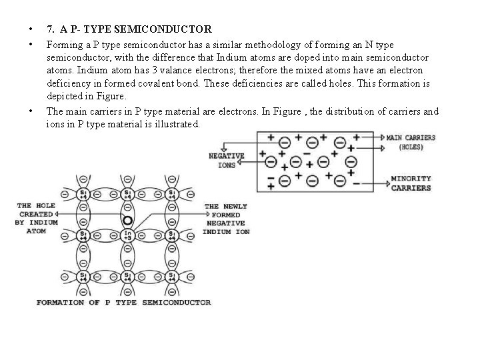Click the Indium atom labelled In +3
127,234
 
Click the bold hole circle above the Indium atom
127,220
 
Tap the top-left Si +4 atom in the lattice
83,194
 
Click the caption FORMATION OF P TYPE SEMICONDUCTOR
123,302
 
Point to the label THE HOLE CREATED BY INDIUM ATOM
36,218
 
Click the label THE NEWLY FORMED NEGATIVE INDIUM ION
227,219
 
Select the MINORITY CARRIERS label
411,183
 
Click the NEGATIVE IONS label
226,160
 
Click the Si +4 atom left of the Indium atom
83,234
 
